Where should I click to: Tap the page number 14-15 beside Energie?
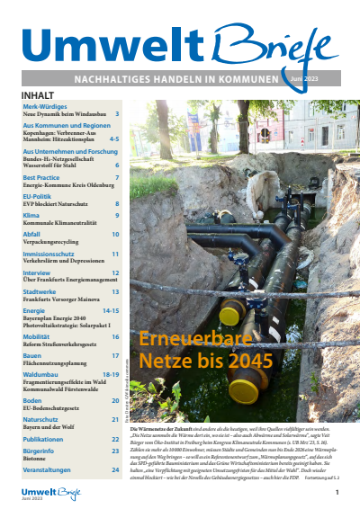(111, 310)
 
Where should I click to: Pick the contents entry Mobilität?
(39, 336)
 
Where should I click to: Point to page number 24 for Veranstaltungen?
(115, 469)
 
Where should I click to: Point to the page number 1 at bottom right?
(337, 493)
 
